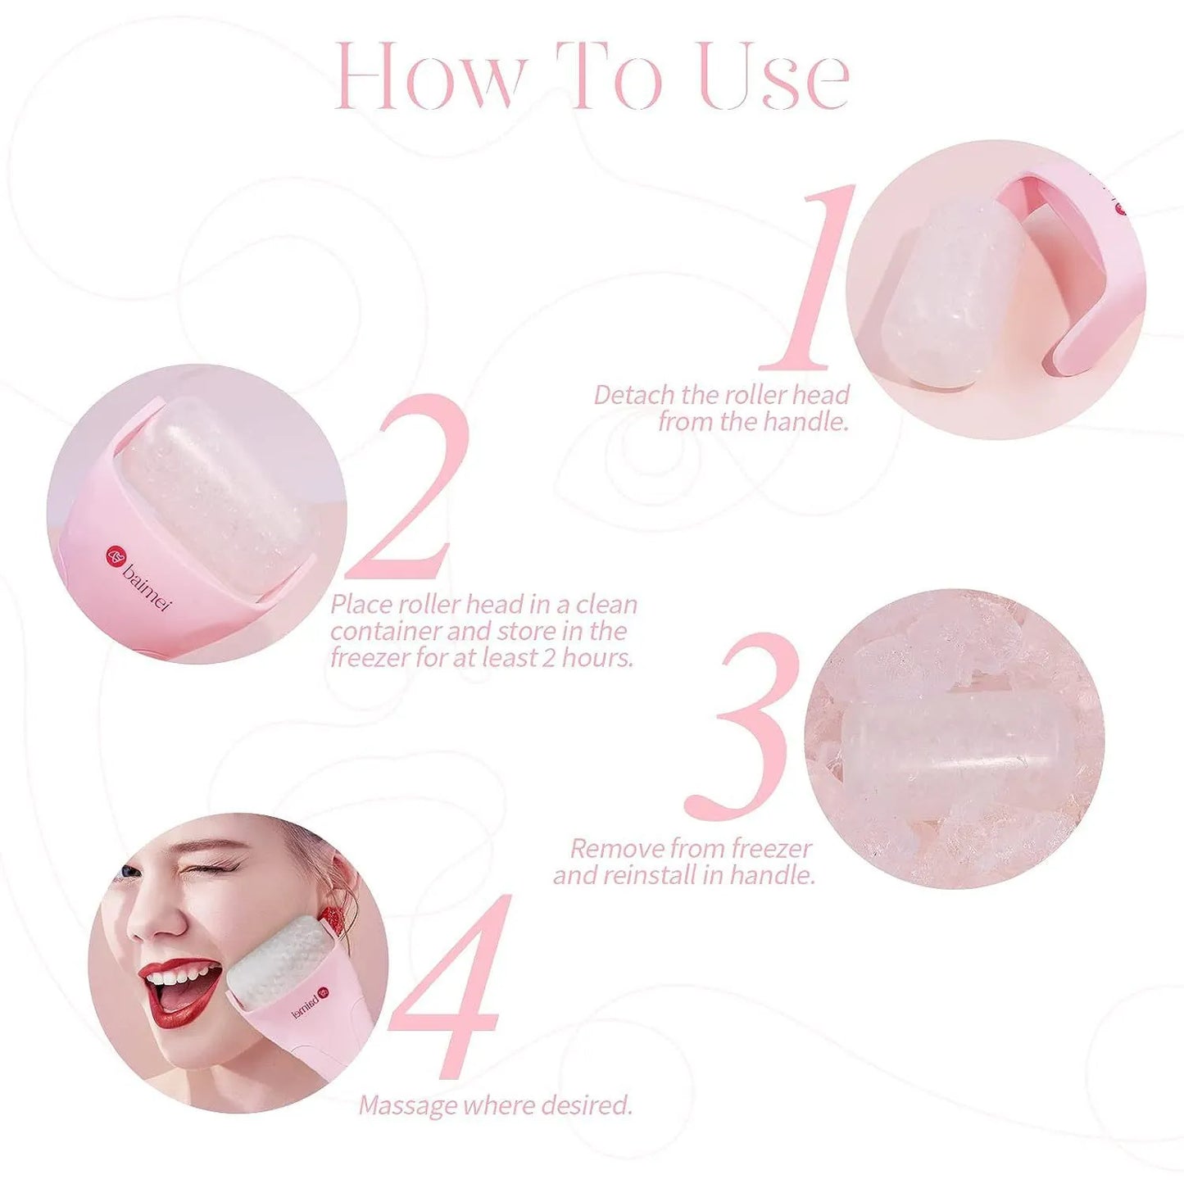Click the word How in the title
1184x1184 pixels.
coord(429,75)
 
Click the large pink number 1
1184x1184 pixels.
coord(807,279)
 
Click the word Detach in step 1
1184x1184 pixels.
coord(634,395)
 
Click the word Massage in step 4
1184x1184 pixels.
coord(408,1105)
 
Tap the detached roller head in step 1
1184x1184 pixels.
coord(950,295)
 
